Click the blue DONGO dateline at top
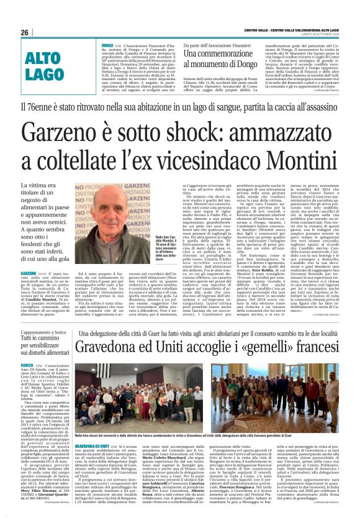[107, 45]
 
